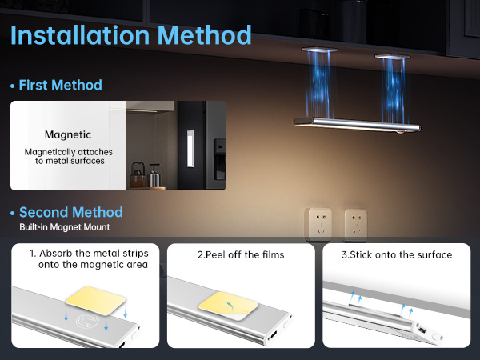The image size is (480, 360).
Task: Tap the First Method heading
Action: click(x=60, y=85)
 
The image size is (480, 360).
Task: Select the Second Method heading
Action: click(x=70, y=212)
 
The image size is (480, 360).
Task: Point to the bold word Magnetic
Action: click(x=68, y=135)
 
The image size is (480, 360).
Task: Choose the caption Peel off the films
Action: click(x=241, y=255)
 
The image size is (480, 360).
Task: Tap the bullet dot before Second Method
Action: click(x=12, y=213)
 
